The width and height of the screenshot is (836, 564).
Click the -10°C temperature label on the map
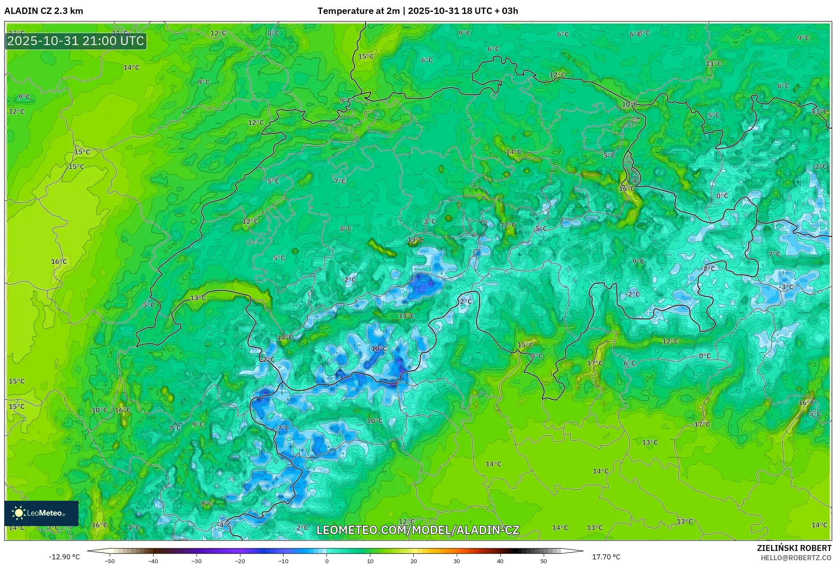pos(378,349)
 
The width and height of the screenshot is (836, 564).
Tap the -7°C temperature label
pos(282,428)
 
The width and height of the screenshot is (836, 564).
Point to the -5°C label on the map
pos(540,228)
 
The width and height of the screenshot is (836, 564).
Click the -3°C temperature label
pos(787,287)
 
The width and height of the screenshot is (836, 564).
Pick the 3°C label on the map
pos(429,221)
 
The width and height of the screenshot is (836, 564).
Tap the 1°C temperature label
pos(134,527)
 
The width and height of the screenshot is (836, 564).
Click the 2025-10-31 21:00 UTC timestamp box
pos(76,41)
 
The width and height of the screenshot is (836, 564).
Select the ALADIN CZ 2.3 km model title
pos(43,11)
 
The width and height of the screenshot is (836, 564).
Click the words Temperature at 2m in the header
pos(358,11)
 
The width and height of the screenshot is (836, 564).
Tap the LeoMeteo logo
pos(41,513)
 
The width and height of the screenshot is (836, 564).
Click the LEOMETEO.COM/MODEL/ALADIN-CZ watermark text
pos(418,530)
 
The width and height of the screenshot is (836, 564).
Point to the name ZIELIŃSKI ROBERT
pos(794,548)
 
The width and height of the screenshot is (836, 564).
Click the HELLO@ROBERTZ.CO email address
pos(796,558)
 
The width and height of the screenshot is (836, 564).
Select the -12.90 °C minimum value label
pos(64,557)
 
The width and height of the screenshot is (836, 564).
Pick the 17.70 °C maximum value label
pos(606,557)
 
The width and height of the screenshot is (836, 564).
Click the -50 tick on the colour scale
pos(109,561)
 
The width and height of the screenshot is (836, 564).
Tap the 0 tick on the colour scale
pos(326,561)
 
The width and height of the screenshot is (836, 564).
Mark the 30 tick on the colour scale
pos(457,561)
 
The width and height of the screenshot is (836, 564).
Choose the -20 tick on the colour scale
pos(240,561)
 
